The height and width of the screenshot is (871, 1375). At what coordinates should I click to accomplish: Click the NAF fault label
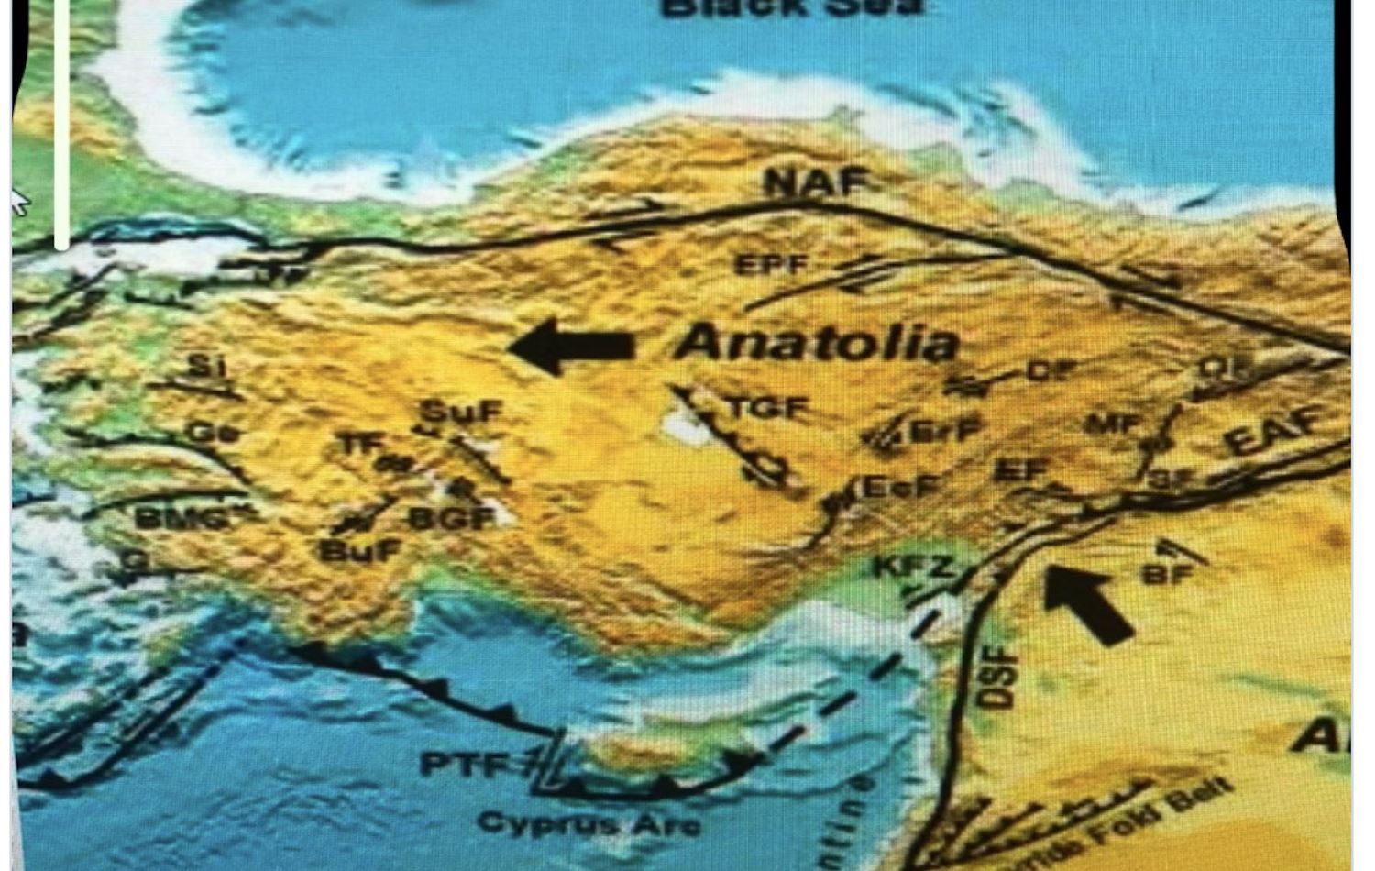tap(815, 182)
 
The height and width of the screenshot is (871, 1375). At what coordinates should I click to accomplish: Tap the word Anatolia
tap(817, 343)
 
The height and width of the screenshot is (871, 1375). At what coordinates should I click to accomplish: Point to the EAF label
tap(1274, 431)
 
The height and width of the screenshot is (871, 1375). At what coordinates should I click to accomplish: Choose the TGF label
tap(768, 407)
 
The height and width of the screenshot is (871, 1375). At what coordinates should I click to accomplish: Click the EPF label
tap(772, 266)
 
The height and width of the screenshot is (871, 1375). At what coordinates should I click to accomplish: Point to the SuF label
tap(461, 412)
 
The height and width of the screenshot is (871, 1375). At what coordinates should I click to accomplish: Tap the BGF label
tap(452, 519)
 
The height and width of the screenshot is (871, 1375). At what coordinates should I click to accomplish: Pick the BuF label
tap(360, 551)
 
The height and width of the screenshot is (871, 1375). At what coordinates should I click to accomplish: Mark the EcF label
tap(897, 488)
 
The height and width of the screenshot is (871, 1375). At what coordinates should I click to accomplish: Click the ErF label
tap(945, 429)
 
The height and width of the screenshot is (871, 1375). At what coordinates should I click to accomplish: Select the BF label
tap(1167, 574)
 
